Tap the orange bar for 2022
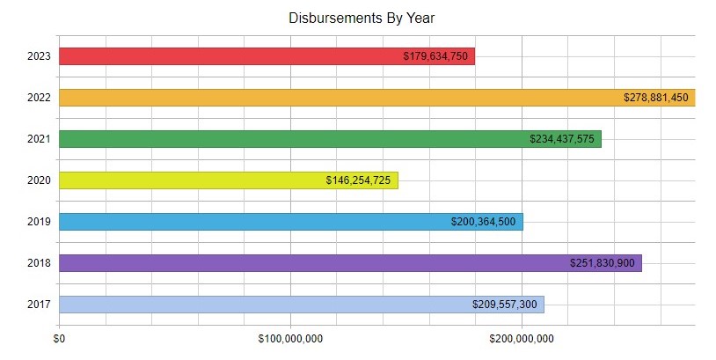click(334, 98)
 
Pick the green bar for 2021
click(290, 139)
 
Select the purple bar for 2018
click(308, 263)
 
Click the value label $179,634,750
click(435, 56)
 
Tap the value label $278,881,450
click(655, 98)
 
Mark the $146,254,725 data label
click(358, 180)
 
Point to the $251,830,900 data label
click(603, 263)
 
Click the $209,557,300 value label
click(504, 305)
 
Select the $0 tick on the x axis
click(60, 338)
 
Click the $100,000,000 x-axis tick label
click(291, 338)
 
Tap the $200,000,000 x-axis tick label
click(522, 338)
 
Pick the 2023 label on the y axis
click(39, 56)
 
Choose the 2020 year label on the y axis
click(39, 180)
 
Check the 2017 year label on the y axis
click(39, 305)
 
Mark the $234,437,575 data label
click(562, 139)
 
